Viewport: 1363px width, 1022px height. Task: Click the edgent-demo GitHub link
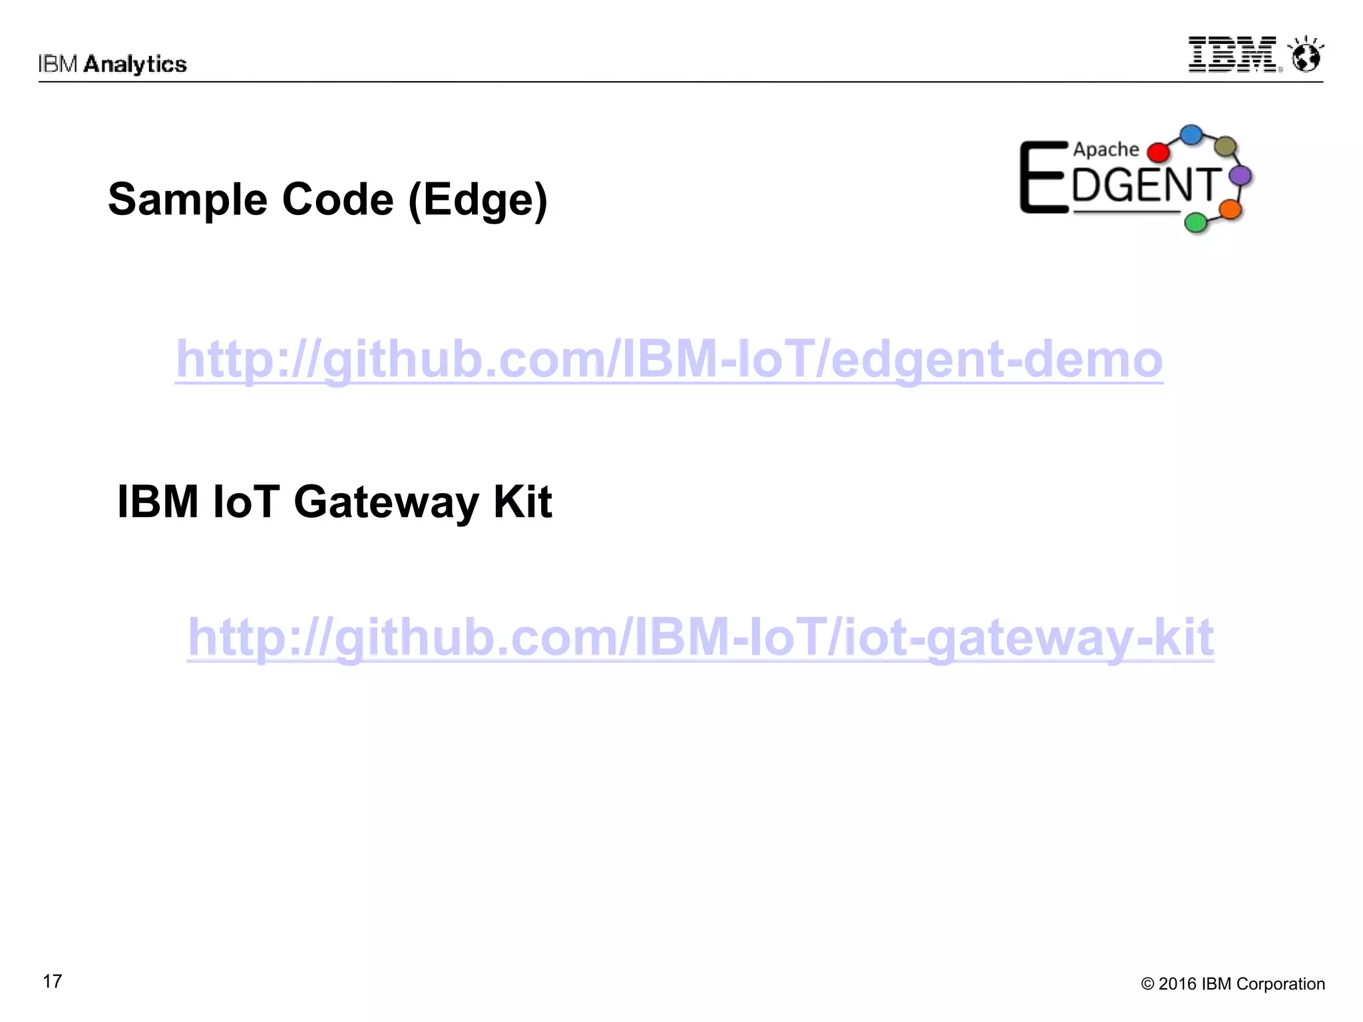(x=669, y=359)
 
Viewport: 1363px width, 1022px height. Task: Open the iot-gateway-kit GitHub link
(x=700, y=637)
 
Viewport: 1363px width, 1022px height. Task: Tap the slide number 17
(x=52, y=981)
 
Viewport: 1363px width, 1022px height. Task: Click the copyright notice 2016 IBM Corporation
(x=1233, y=984)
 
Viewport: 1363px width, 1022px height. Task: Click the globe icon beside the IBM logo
(x=1306, y=55)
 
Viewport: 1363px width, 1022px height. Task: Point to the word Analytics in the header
(x=135, y=65)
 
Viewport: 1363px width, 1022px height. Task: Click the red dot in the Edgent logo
(x=1159, y=152)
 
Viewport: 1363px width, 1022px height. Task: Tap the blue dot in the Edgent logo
(x=1191, y=135)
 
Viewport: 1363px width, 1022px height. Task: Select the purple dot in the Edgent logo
(x=1241, y=176)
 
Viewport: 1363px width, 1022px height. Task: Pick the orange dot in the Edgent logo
(x=1230, y=209)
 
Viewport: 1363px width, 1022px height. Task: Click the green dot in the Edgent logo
(x=1196, y=222)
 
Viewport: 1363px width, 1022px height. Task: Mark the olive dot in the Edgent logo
(x=1225, y=146)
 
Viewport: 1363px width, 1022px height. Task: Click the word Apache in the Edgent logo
(x=1105, y=150)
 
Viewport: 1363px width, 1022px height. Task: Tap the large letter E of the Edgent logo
(x=1043, y=178)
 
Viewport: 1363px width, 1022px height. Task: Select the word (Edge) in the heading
(x=478, y=200)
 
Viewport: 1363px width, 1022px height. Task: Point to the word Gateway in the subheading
(x=386, y=502)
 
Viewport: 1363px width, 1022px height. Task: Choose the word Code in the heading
(x=337, y=200)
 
